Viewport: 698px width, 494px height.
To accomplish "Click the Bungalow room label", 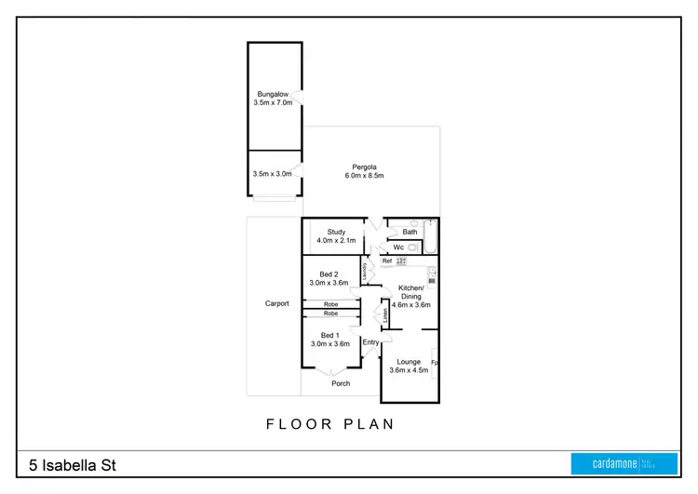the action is point(272,94).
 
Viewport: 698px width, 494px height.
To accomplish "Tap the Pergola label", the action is point(364,167).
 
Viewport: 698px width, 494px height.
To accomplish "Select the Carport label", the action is point(276,303).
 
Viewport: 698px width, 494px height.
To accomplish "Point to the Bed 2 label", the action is point(328,274).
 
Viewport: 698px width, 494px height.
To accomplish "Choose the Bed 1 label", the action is point(329,335).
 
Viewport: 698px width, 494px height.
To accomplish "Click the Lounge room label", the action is point(409,362).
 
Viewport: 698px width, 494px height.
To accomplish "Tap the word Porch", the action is point(341,383).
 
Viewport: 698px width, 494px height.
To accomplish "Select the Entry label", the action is point(370,342).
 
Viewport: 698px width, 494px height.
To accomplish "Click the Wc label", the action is point(397,247).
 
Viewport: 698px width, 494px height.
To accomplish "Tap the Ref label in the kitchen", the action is point(387,261).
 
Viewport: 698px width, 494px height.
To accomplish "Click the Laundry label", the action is point(377,271).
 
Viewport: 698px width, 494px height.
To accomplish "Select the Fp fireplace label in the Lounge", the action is point(434,362).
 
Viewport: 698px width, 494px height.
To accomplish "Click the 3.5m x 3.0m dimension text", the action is point(272,174).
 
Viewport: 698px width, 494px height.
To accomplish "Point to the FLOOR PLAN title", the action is point(329,424).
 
